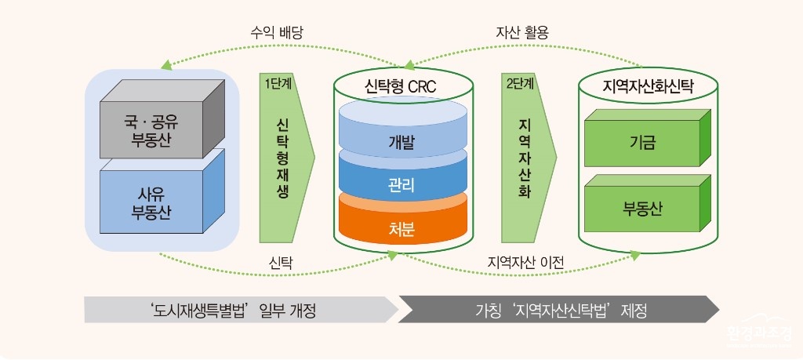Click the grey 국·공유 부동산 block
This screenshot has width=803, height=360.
[162, 118]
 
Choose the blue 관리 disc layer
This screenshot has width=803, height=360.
[402, 180]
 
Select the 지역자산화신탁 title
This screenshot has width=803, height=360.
[648, 85]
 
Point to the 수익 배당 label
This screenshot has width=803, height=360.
[277, 33]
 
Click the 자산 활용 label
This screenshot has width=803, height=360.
[522, 33]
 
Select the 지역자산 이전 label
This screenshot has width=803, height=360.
[525, 263]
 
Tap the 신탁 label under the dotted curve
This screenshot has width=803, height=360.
[282, 263]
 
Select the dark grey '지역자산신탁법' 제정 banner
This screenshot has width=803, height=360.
[558, 310]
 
